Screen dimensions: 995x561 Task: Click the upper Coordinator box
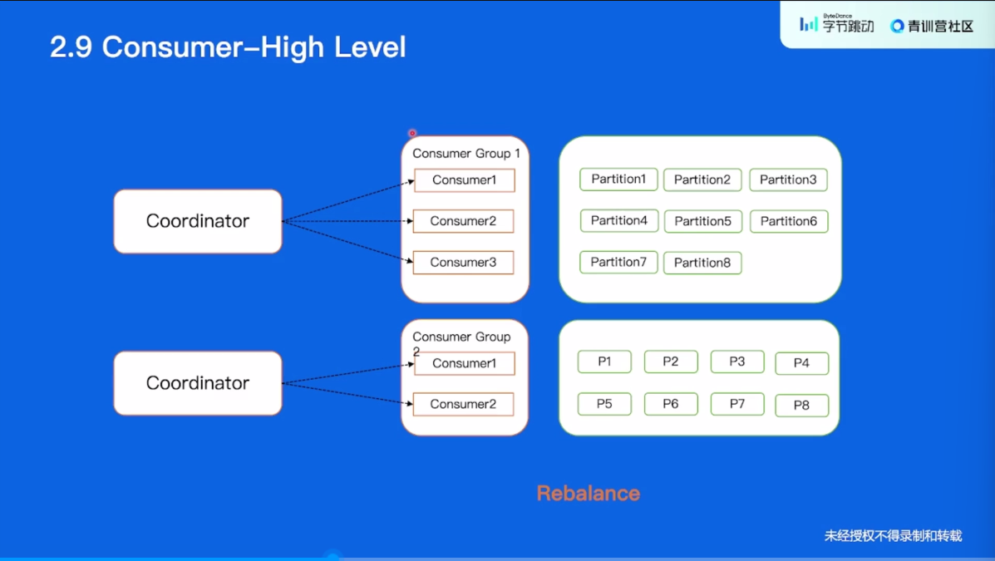click(197, 221)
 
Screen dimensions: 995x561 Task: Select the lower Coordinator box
click(197, 382)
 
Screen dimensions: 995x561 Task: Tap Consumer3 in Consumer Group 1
click(463, 262)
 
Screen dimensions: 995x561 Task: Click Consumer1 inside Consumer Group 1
click(464, 180)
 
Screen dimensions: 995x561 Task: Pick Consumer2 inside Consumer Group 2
click(463, 404)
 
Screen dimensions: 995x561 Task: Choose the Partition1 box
click(618, 180)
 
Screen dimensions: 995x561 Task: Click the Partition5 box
click(703, 221)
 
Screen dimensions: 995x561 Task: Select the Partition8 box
click(702, 263)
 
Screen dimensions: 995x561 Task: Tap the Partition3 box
click(788, 180)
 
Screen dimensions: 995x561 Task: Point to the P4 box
click(801, 363)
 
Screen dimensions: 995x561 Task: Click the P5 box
click(604, 404)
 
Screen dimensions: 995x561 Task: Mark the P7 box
click(736, 404)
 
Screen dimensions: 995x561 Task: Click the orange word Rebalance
click(589, 493)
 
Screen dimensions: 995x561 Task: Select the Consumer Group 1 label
click(466, 154)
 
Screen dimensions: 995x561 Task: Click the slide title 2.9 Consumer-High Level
click(228, 47)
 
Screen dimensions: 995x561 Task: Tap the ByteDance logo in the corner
click(836, 24)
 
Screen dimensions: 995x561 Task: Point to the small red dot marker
click(412, 133)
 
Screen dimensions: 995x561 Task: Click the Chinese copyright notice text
click(893, 535)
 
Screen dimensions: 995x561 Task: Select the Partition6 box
click(789, 221)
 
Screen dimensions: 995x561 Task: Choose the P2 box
click(671, 362)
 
